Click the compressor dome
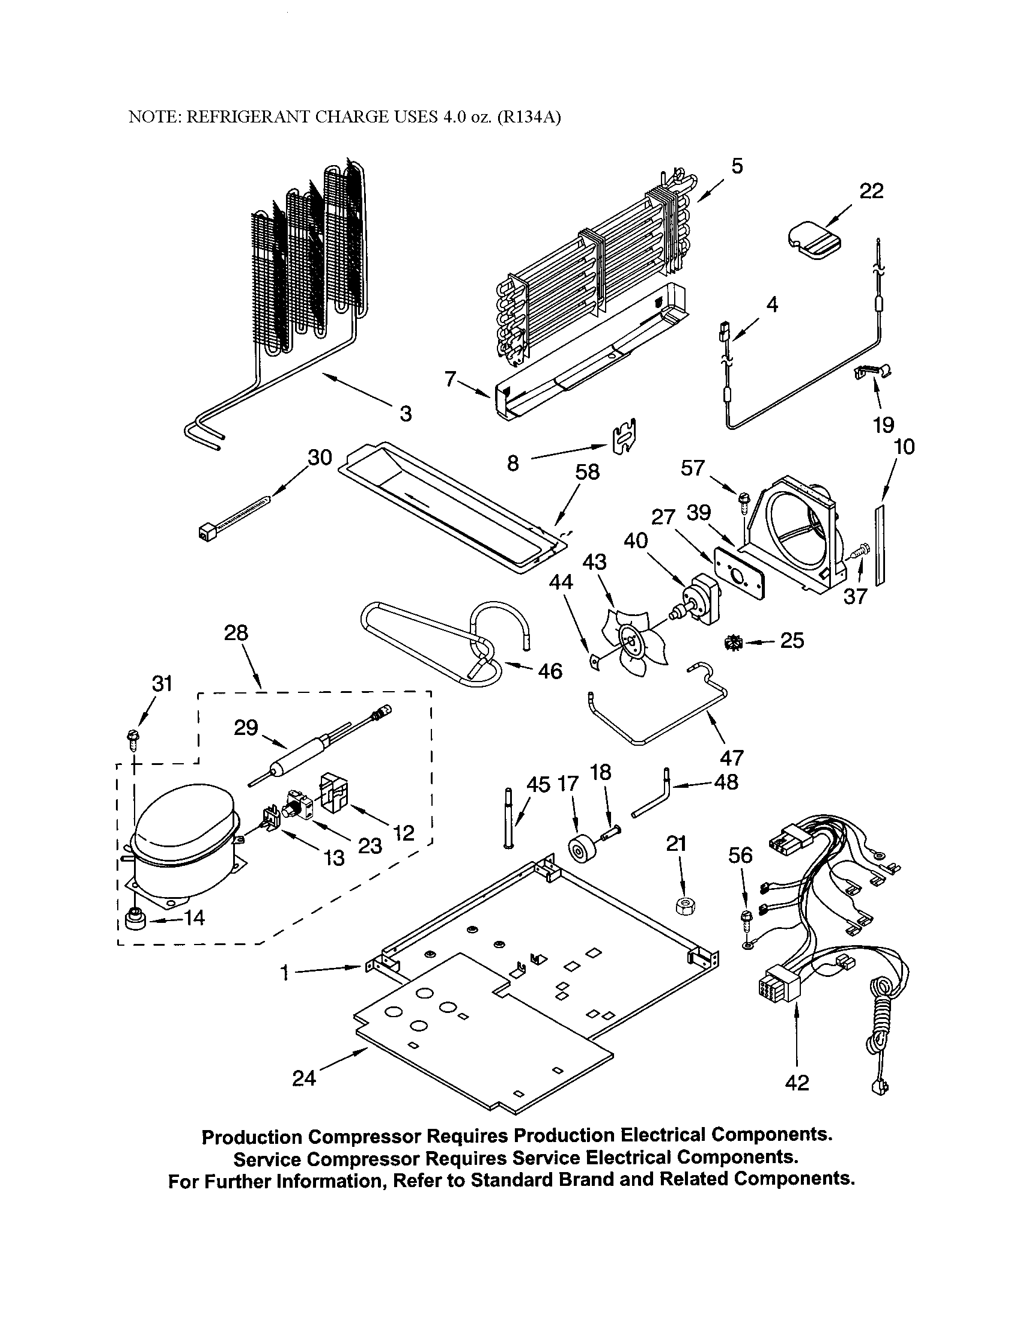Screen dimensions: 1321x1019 [182, 814]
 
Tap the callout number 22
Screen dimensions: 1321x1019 [871, 191]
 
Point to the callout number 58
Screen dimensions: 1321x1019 [586, 472]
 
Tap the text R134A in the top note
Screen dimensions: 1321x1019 [529, 117]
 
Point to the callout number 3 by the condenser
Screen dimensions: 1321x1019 [406, 414]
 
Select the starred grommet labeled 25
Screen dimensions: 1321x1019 [734, 643]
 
